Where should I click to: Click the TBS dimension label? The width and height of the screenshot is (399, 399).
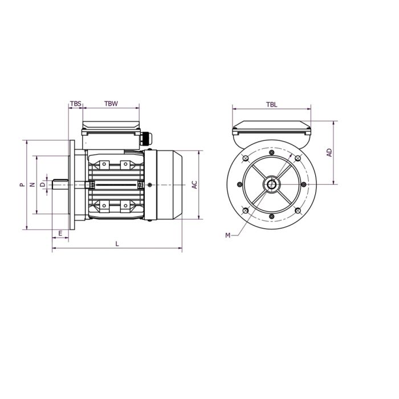click(x=75, y=104)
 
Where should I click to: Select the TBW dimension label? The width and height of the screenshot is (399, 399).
click(x=111, y=104)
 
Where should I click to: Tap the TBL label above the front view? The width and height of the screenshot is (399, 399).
click(x=272, y=104)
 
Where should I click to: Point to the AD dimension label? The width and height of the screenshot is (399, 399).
click(x=329, y=152)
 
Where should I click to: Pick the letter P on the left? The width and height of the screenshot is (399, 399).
click(x=21, y=185)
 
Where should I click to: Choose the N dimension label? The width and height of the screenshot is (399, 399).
click(x=32, y=185)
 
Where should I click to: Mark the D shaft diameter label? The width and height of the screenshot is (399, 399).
click(x=42, y=185)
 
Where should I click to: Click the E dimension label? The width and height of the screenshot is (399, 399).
click(x=60, y=234)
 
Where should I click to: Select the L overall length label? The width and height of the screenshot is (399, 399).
click(x=117, y=244)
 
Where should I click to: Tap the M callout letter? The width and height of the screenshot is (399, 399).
click(x=227, y=235)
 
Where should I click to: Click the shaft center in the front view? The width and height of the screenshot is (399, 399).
click(x=272, y=185)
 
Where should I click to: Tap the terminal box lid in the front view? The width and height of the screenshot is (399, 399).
click(x=272, y=128)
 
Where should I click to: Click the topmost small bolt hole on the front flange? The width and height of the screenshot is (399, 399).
click(x=272, y=151)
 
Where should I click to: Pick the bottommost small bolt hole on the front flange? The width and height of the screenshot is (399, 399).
click(x=272, y=218)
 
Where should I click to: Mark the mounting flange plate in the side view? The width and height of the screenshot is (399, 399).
click(x=71, y=185)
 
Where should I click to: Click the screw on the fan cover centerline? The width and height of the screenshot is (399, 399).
click(x=149, y=185)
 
